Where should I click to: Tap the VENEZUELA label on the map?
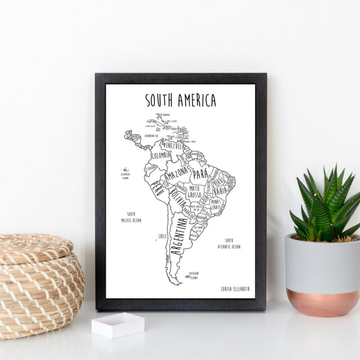point(173,146)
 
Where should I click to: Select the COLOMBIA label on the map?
point(161,155)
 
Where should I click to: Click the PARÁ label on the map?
point(201,174)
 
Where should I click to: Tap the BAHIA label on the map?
point(220,191)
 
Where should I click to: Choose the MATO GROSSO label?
point(195,191)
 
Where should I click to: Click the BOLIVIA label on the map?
point(178,197)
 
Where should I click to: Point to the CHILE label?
point(163,236)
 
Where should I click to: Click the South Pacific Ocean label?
point(131,217)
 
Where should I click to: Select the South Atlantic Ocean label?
point(229,243)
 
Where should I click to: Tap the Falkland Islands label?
point(193,275)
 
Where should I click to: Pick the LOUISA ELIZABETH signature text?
point(235,289)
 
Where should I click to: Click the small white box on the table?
point(118,325)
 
